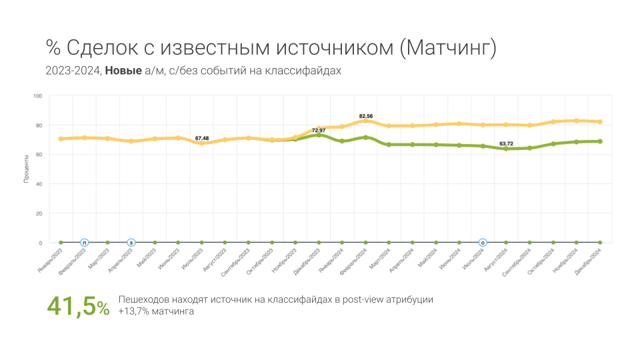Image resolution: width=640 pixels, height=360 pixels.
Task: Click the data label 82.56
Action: click(365, 116)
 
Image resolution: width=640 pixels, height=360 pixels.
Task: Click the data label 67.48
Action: click(202, 138)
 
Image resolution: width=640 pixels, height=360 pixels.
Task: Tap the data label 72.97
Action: click(319, 130)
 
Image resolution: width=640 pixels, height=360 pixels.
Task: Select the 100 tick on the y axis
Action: click(37, 96)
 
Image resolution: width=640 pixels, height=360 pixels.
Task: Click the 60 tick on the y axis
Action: click(39, 155)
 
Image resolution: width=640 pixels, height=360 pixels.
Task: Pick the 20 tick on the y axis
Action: click(39, 213)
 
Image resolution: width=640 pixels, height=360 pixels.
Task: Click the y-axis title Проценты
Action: click(27, 169)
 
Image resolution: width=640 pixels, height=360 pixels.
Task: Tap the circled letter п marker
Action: click(84, 243)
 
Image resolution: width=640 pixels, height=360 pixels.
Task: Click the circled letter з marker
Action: click(131, 243)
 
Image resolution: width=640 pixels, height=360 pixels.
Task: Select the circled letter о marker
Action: click(483, 243)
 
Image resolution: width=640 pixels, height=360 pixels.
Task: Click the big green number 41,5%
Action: click(77, 307)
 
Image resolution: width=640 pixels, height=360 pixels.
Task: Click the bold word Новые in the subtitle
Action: click(123, 71)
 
